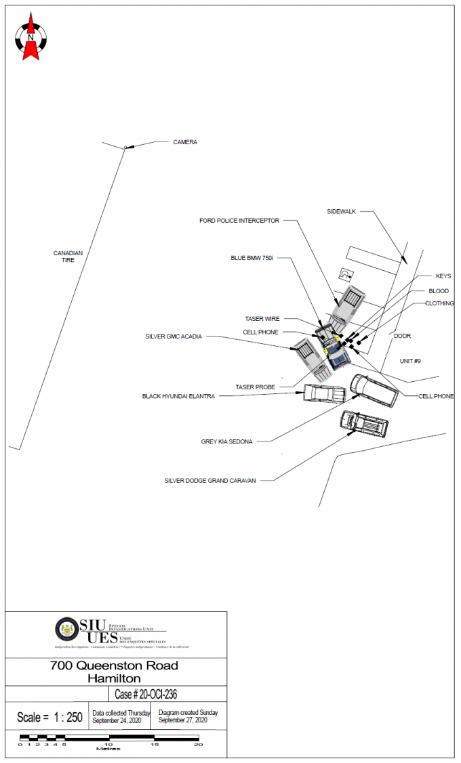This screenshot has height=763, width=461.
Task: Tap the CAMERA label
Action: (x=185, y=142)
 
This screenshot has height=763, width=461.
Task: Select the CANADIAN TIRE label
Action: (x=68, y=257)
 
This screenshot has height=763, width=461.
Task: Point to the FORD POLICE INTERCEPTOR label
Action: (x=239, y=221)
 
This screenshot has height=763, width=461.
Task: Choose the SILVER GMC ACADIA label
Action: (x=174, y=336)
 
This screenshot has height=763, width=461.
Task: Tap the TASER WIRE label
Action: (x=262, y=319)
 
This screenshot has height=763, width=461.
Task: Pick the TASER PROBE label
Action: (x=255, y=387)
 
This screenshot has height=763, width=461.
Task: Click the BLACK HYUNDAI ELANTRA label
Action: (x=178, y=397)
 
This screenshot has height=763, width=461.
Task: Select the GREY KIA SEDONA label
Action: (x=226, y=441)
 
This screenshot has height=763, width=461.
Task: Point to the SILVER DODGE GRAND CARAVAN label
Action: (x=210, y=481)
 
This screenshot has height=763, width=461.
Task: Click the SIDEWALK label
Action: (x=342, y=211)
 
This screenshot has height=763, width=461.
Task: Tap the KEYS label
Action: (x=443, y=276)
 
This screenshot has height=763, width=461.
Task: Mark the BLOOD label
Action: (x=439, y=291)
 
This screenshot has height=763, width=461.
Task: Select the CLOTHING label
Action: (x=440, y=303)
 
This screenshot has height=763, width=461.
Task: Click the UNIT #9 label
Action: (x=410, y=361)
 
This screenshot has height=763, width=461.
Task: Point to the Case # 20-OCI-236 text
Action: (x=146, y=695)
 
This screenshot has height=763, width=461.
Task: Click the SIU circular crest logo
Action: (x=66, y=629)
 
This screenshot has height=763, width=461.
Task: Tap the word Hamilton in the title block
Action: (x=114, y=678)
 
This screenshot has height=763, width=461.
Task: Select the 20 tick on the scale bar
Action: (x=198, y=745)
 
